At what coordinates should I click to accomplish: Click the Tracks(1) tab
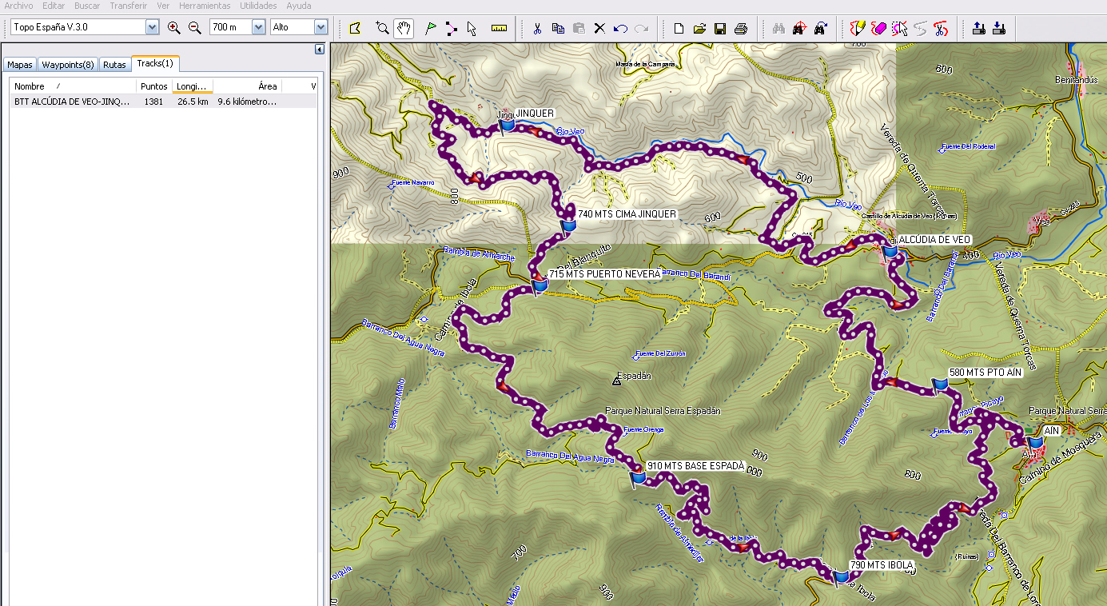tap(155, 63)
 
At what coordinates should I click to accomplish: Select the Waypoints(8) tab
tap(68, 65)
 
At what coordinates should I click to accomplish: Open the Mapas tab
tap(20, 65)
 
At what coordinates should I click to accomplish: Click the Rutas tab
tap(114, 65)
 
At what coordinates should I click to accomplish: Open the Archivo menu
tap(19, 6)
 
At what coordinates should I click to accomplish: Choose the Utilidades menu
tap(258, 6)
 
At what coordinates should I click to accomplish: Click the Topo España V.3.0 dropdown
tap(86, 27)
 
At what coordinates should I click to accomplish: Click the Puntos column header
tap(153, 86)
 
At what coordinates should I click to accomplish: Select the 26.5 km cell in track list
tap(193, 102)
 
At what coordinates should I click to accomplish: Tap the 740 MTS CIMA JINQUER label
tap(627, 214)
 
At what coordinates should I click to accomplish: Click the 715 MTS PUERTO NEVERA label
tap(604, 274)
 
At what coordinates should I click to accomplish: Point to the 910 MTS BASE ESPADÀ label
tap(695, 465)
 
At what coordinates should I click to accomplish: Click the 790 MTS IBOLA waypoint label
tap(881, 565)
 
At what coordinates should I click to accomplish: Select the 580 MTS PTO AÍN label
tap(985, 373)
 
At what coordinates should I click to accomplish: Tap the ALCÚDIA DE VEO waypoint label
tap(934, 240)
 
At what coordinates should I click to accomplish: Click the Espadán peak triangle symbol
tap(616, 381)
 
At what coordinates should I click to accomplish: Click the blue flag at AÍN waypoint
tap(1036, 442)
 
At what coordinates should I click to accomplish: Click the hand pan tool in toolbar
tap(404, 29)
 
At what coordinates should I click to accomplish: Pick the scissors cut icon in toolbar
tap(537, 29)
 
